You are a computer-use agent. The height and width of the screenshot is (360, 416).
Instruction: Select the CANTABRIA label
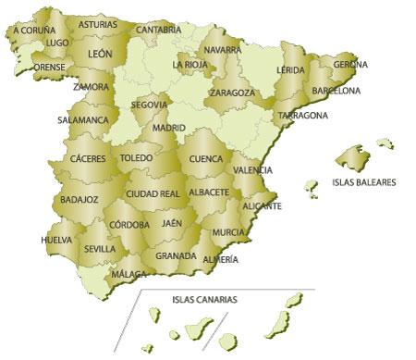pyautogui.click(x=158, y=30)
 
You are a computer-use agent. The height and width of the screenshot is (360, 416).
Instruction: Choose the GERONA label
pyautogui.click(x=350, y=65)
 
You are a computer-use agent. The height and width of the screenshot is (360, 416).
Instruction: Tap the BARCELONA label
pyautogui.click(x=336, y=91)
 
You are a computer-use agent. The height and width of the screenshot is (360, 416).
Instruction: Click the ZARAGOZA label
pyautogui.click(x=232, y=93)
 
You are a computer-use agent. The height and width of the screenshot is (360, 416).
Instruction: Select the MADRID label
pyautogui.click(x=169, y=128)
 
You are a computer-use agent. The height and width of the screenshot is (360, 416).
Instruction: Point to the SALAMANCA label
pyautogui.click(x=83, y=119)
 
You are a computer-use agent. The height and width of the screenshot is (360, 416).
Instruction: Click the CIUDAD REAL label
pyautogui.click(x=153, y=193)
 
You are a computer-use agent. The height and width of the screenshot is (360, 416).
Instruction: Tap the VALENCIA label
pyautogui.click(x=252, y=170)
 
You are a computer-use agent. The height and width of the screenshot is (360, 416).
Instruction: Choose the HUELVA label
pyautogui.click(x=56, y=240)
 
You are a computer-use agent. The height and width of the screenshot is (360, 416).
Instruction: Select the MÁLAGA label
pyautogui.click(x=128, y=275)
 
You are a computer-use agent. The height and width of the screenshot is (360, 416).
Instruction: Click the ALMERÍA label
pyautogui.click(x=219, y=259)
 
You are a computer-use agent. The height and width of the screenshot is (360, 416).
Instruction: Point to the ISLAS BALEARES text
pyautogui.click(x=363, y=182)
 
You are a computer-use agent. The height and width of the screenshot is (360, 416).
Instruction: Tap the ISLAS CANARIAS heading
pyautogui.click(x=204, y=300)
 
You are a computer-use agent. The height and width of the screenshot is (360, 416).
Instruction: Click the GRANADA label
pyautogui.click(x=176, y=255)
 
